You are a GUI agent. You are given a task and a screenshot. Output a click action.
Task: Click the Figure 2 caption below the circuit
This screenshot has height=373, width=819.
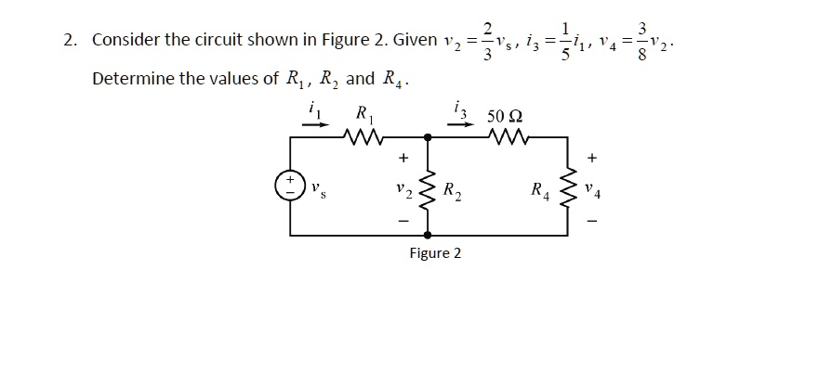[x=435, y=253]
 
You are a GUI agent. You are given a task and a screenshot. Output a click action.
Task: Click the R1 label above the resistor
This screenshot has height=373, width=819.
[x=361, y=114]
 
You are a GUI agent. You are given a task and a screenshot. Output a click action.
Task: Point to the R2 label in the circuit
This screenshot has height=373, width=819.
[x=450, y=192]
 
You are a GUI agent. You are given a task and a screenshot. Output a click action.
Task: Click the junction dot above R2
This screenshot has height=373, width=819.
[x=428, y=137]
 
